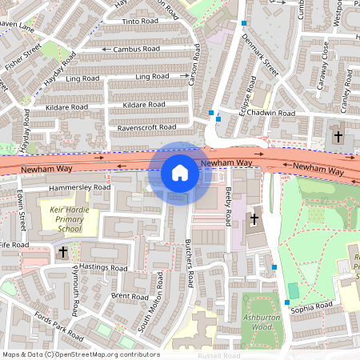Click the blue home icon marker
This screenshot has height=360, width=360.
pos(180,173)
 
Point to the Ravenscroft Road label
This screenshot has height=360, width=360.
pos(146,127)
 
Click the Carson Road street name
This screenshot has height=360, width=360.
pos(193,74)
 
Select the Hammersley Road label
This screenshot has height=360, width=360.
pos(80,187)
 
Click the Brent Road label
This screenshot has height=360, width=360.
pos(124,296)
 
